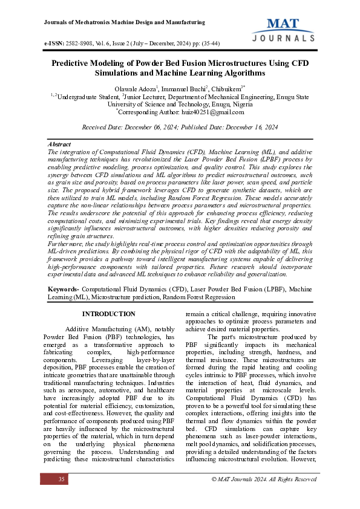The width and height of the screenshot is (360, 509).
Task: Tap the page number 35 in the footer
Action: tap(61, 479)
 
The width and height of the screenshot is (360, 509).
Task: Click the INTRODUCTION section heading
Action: tap(108, 314)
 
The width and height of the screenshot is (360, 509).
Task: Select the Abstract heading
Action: tap(59, 145)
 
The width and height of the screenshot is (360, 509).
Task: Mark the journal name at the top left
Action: tap(125, 22)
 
